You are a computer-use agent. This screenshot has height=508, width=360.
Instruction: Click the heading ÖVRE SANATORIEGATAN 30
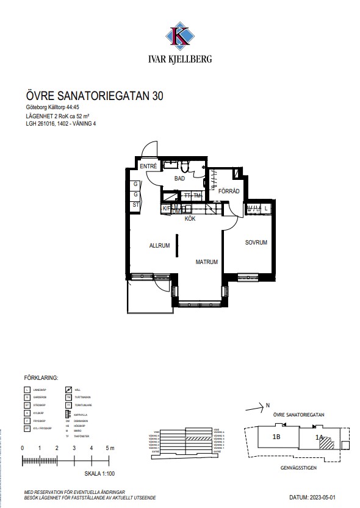click(x=95, y=96)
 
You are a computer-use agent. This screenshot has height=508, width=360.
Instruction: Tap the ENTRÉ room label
click(x=148, y=166)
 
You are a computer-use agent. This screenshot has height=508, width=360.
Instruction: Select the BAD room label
click(x=179, y=179)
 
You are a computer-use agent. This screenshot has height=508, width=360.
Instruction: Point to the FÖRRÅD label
click(x=229, y=191)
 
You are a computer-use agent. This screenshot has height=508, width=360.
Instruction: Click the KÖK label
click(x=190, y=218)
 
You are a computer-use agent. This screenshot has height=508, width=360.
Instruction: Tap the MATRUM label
click(x=207, y=262)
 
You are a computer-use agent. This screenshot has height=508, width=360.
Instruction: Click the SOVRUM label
click(x=256, y=243)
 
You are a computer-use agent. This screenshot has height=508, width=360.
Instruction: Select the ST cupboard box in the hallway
click(x=135, y=206)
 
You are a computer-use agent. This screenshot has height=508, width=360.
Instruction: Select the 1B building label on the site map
click(x=276, y=437)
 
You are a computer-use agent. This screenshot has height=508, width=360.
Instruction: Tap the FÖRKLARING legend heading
click(x=40, y=377)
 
